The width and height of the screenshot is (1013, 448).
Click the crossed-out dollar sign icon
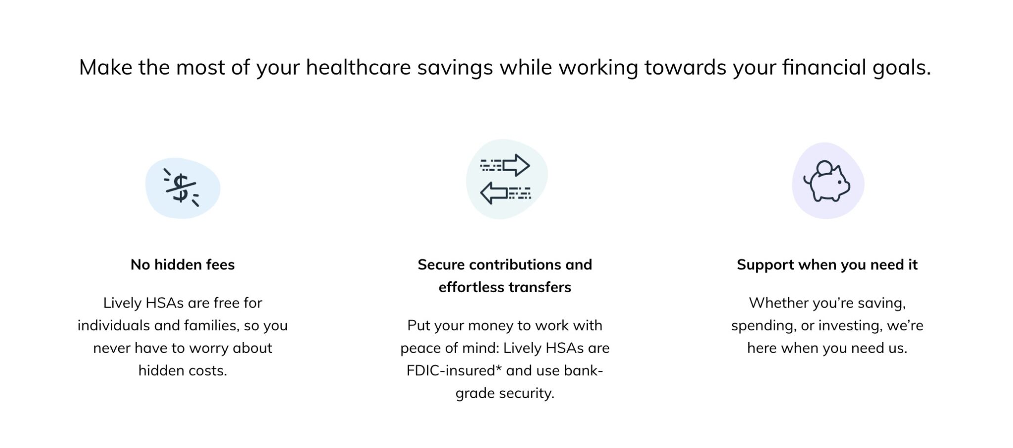coord(181,188)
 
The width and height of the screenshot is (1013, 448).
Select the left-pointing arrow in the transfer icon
coord(494,193)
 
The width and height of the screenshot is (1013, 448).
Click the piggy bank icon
coord(827,182)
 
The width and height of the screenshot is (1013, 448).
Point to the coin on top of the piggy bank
coord(824,168)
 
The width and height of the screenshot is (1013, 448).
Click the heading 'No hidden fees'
coord(183,265)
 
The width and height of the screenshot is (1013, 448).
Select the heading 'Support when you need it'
coord(827,265)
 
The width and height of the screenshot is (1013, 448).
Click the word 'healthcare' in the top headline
coord(358,67)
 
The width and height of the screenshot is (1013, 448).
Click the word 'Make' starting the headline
coord(105,67)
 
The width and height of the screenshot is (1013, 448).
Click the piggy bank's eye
coord(839,182)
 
